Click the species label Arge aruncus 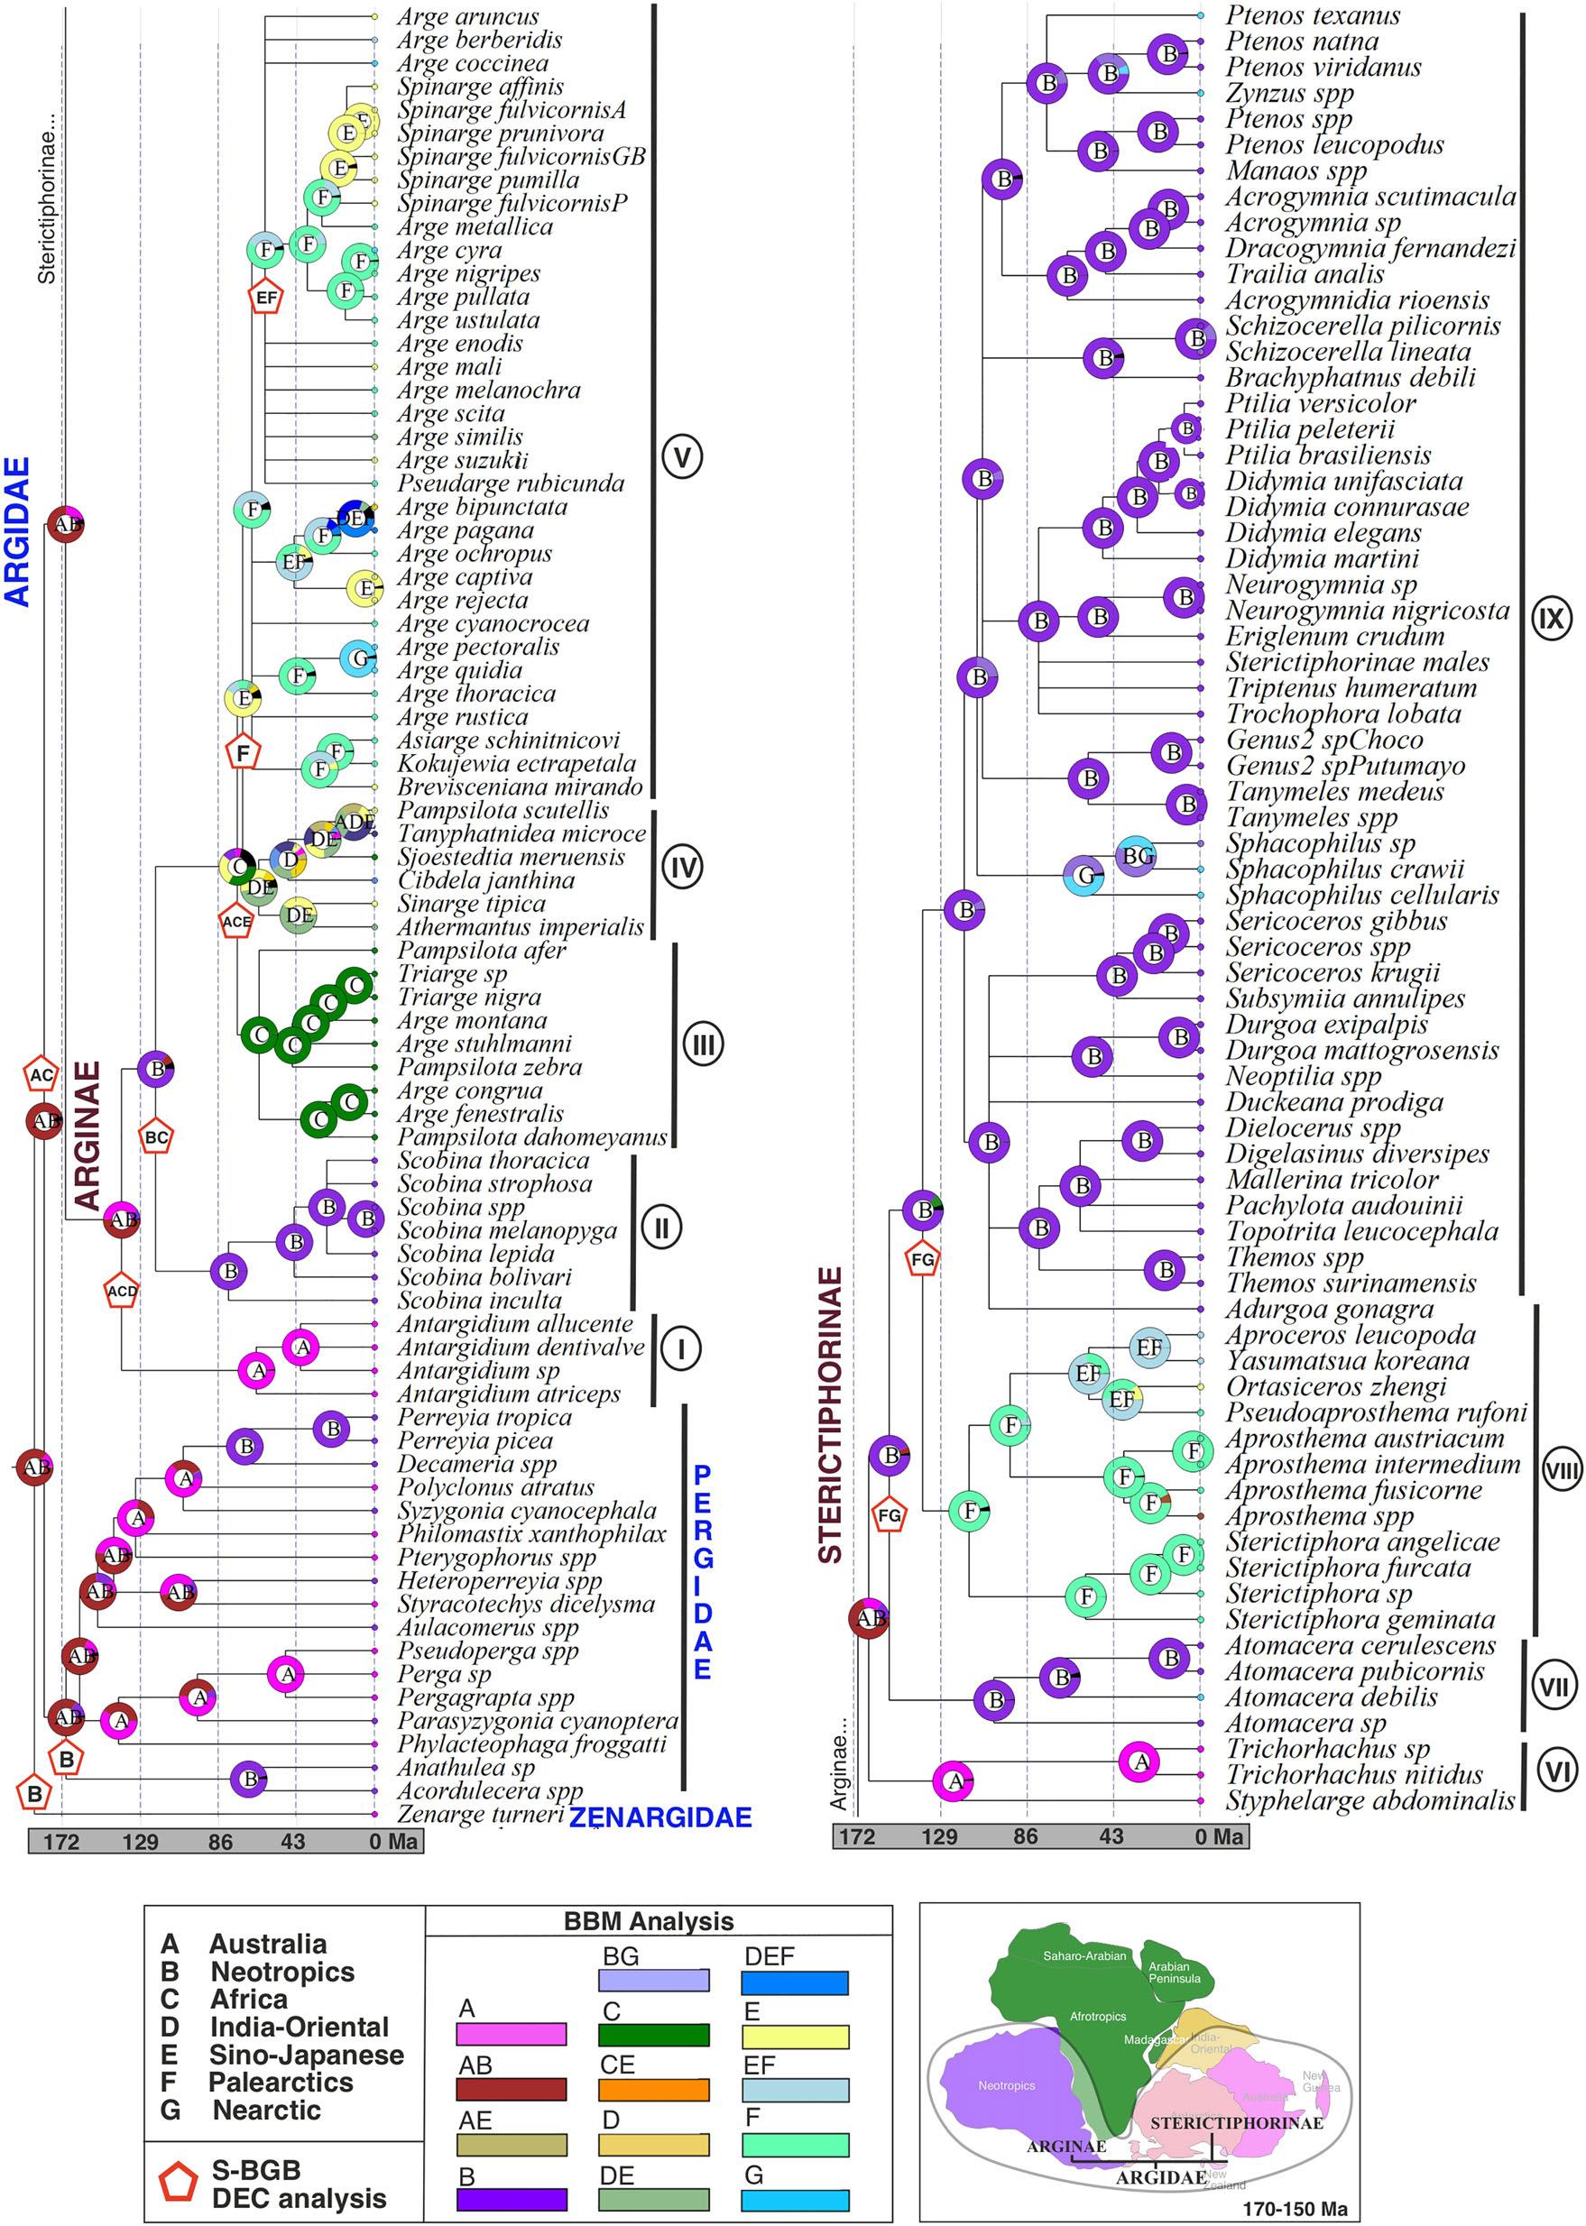point(468,16)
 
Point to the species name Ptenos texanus point(1313,15)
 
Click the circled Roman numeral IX point(1552,617)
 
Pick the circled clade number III point(703,1044)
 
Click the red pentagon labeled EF point(265,297)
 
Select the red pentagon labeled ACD point(122,1291)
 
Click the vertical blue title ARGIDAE point(19,532)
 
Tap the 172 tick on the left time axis point(61,1843)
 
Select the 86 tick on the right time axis point(1026,1836)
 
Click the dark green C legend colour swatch point(653,2036)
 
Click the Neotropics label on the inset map point(1006,2085)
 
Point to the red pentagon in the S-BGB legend point(179,2183)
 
